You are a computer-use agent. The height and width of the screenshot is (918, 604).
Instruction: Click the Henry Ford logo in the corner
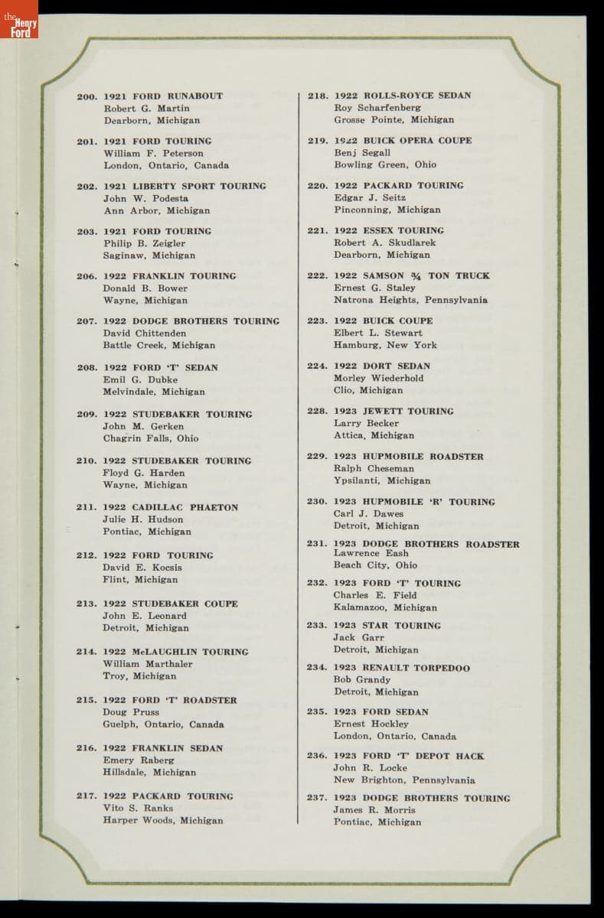(x=18, y=19)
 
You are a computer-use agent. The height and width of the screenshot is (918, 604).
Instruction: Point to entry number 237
(x=318, y=798)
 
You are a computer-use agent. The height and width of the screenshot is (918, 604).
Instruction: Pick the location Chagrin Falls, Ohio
(x=151, y=438)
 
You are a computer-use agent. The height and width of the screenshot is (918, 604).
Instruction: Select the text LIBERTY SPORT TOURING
(x=200, y=186)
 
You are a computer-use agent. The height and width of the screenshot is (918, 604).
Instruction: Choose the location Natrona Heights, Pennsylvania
(x=410, y=300)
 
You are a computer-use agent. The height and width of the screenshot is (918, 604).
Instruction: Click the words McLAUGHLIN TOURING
(x=190, y=652)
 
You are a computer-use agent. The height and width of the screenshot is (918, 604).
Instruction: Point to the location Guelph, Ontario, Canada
(x=164, y=724)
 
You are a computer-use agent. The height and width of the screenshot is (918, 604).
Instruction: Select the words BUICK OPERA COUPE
(x=417, y=141)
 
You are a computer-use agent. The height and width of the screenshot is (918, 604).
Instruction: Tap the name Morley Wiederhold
(x=378, y=378)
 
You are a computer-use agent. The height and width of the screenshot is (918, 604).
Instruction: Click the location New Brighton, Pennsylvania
(x=404, y=780)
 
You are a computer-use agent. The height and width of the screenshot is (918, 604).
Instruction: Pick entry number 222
(x=318, y=275)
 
